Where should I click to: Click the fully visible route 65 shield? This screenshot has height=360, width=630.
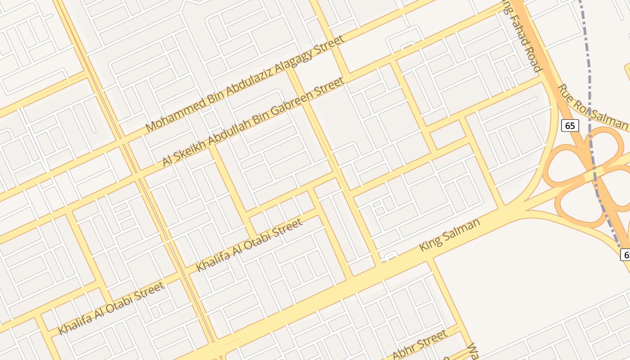click(x=570, y=125)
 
